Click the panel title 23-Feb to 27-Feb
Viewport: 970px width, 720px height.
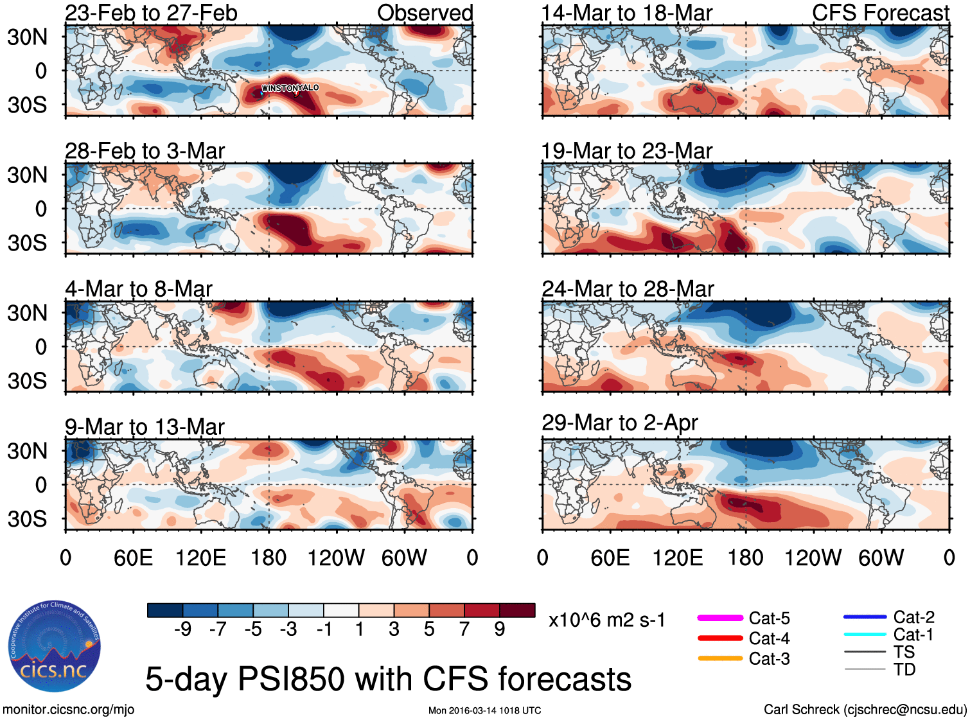pyautogui.click(x=151, y=13)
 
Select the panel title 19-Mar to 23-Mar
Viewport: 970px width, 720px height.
pyautogui.click(x=627, y=151)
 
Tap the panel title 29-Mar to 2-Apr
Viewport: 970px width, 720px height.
pyautogui.click(x=620, y=423)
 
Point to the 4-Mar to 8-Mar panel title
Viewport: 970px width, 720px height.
pyautogui.click(x=139, y=289)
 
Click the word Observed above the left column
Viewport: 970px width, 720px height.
pyautogui.click(x=425, y=13)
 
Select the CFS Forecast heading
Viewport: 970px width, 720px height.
pyautogui.click(x=880, y=13)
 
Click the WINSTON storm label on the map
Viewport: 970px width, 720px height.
pyautogui.click(x=276, y=88)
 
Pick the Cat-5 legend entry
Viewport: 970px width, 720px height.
pyautogui.click(x=769, y=619)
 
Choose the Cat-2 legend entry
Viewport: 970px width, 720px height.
pyautogui.click(x=913, y=617)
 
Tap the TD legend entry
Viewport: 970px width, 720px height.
pyautogui.click(x=904, y=670)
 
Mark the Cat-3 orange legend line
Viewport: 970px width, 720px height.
pyautogui.click(x=720, y=658)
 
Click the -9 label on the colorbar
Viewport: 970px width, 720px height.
pyautogui.click(x=182, y=629)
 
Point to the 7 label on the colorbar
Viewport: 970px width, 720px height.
pyautogui.click(x=464, y=629)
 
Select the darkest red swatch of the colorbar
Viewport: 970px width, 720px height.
pyautogui.click(x=517, y=610)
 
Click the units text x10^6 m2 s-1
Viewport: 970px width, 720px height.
pyautogui.click(x=607, y=620)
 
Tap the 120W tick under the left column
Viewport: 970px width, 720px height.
pyautogui.click(x=336, y=558)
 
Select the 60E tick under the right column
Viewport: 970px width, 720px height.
pyautogui.click(x=610, y=558)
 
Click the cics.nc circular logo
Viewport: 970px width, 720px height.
pyautogui.click(x=55, y=646)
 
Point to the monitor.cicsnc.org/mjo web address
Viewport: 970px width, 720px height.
pyautogui.click(x=69, y=710)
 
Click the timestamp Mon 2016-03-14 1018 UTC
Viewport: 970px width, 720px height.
pyautogui.click(x=485, y=710)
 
